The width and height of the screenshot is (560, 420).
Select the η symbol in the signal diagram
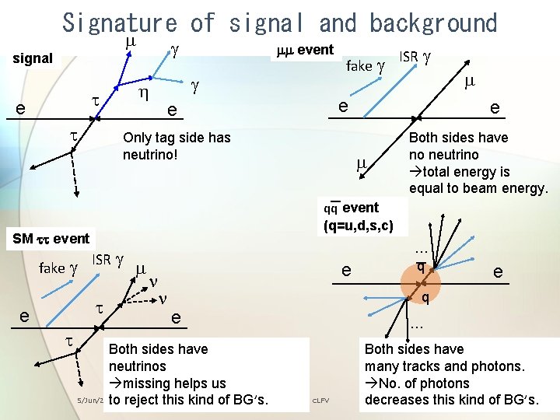(x=143, y=94)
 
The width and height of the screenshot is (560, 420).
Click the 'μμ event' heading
(x=305, y=51)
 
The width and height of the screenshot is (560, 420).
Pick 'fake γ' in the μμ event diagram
(x=365, y=65)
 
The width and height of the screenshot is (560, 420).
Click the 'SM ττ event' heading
(x=51, y=239)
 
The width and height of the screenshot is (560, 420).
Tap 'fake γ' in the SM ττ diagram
(x=59, y=268)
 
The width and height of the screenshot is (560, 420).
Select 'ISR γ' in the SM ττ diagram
(x=108, y=260)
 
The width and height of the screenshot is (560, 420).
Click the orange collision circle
(x=421, y=282)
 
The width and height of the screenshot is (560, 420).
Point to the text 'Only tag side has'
(x=177, y=138)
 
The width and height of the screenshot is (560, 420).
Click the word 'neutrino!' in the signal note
(x=151, y=155)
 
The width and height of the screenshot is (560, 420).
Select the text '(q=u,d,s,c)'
(x=364, y=226)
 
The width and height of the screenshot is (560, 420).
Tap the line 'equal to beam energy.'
(x=478, y=188)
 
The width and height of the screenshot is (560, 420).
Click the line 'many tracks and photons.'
(x=444, y=366)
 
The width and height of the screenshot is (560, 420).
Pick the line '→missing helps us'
(x=167, y=383)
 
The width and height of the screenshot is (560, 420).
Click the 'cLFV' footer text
(x=320, y=401)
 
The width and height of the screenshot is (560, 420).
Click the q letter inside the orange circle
(x=421, y=267)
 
